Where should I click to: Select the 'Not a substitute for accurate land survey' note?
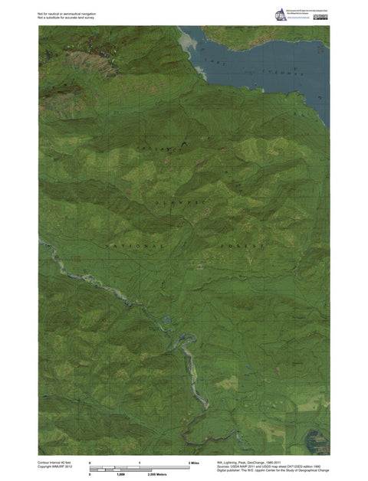[x=65, y=18]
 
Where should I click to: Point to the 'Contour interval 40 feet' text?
[x=54, y=463]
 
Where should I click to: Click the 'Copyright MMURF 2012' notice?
[x=54, y=468]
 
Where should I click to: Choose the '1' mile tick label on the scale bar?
[x=140, y=463]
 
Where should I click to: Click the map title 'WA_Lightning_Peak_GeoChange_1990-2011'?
[x=254, y=463]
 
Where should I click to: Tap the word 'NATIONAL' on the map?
[x=135, y=246]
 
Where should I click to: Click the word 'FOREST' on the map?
[x=244, y=246]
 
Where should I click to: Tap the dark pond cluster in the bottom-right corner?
[x=317, y=438]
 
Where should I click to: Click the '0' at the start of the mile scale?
[x=90, y=463]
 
